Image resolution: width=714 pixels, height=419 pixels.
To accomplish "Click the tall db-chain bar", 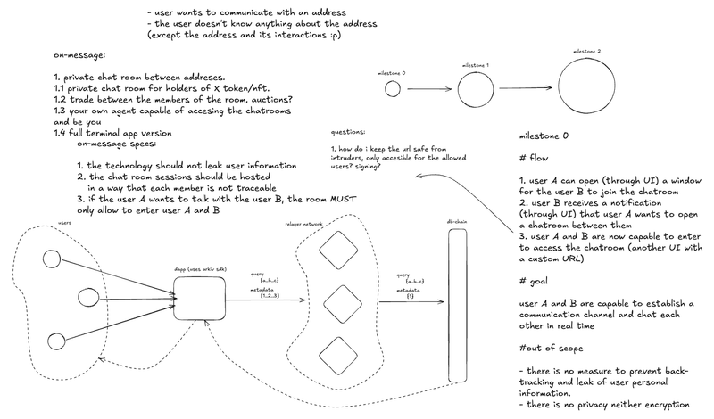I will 462,302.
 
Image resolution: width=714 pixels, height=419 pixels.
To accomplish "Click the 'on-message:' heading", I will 84,55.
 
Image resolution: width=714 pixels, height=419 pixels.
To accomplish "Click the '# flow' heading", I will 534,161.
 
